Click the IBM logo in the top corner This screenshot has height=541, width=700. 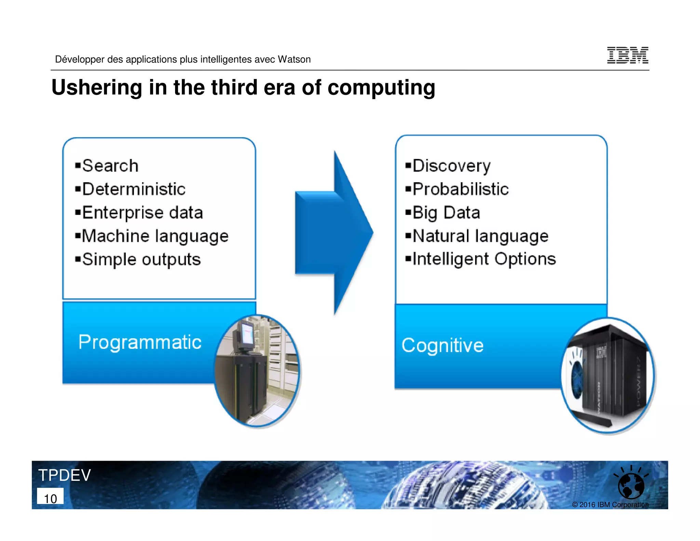(628, 55)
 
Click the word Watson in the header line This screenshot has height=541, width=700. (294, 60)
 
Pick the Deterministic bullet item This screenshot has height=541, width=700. (134, 189)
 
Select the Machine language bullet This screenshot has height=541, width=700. (155, 236)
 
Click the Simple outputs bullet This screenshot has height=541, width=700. (141, 260)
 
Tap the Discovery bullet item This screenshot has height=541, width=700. (451, 166)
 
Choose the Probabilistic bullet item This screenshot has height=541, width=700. (460, 189)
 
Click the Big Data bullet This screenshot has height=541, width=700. (446, 213)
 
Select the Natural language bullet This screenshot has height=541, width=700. (480, 236)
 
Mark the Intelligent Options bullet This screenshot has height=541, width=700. (484, 259)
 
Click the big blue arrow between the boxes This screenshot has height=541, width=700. (333, 233)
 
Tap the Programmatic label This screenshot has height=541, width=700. (140, 342)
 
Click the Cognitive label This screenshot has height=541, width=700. (442, 345)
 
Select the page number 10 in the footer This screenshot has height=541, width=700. (50, 498)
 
